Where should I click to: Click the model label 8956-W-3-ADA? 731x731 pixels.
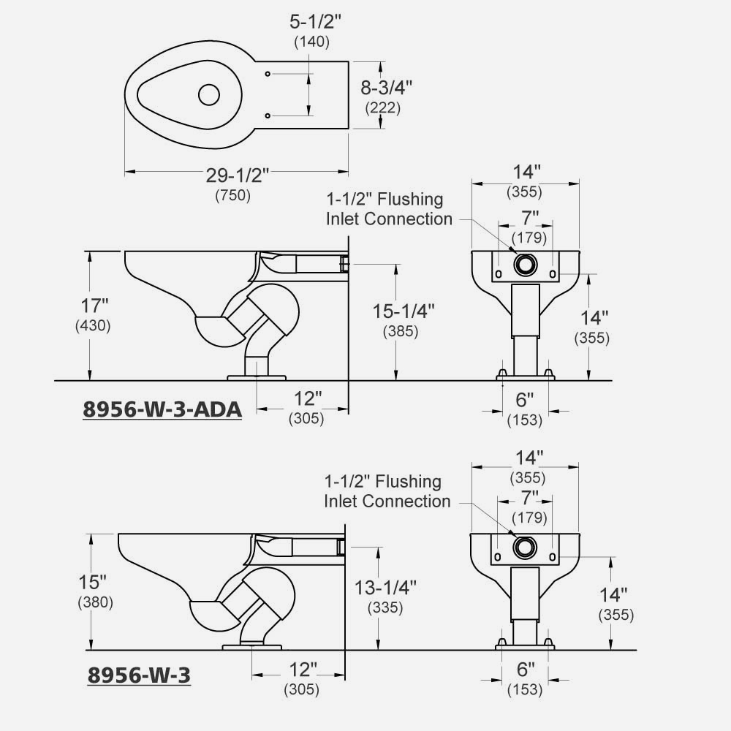[162, 409]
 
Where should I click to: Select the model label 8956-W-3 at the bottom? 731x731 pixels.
[139, 675]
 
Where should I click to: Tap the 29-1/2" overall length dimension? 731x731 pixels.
[236, 175]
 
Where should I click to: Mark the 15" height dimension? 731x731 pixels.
[93, 582]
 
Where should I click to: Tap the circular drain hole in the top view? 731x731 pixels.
[209, 94]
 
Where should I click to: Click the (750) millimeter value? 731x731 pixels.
[233, 195]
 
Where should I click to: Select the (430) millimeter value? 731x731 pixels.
[93, 326]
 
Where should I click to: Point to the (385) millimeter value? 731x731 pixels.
[400, 331]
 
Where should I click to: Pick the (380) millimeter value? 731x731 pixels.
[93, 603]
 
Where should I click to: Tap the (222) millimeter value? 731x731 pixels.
[383, 108]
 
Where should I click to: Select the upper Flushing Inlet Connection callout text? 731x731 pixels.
[389, 208]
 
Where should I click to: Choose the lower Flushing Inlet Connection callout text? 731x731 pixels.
[387, 491]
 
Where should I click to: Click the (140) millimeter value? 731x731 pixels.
[311, 42]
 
